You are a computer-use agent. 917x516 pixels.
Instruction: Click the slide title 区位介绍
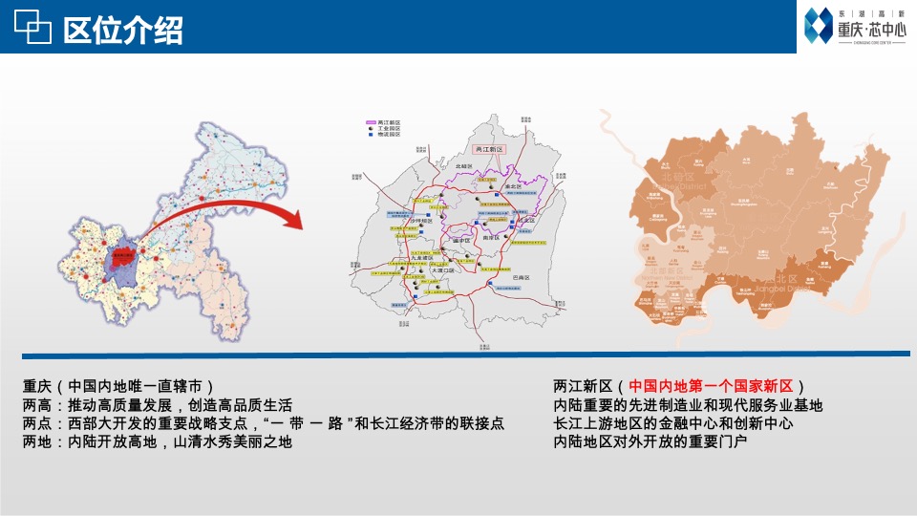pos(122,31)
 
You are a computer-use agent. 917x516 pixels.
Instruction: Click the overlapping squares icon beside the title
pos(32,30)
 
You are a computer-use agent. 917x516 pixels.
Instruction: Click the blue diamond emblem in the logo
pos(819,26)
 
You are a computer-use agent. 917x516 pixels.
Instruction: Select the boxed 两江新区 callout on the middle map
pos(493,150)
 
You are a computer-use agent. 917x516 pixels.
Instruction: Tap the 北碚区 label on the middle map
pos(465,166)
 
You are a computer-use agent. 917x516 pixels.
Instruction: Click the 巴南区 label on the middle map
pos(521,276)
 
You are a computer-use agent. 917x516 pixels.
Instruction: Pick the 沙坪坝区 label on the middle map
pos(421,221)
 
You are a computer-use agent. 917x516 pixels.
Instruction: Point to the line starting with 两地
pos(158,441)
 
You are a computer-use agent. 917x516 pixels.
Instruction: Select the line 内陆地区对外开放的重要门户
pos(650,441)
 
